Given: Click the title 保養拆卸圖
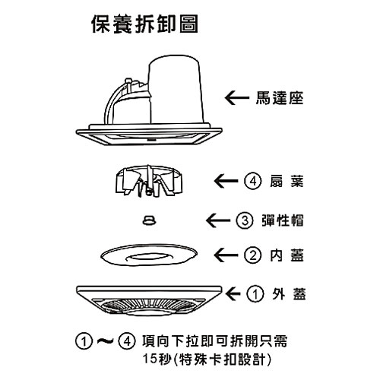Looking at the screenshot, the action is [x=144, y=24].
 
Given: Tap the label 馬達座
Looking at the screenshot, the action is [x=280, y=98].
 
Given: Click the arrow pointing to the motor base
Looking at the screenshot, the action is [x=237, y=98].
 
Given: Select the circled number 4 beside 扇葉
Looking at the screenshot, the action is [x=252, y=181].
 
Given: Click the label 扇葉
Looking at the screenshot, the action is [x=287, y=181].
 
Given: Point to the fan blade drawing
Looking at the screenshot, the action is [x=149, y=181].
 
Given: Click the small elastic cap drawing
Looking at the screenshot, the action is [x=150, y=220].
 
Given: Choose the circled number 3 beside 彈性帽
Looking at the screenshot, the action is [x=245, y=220].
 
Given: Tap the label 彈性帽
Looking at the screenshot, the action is [x=283, y=220].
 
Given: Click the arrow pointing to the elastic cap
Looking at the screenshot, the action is [x=218, y=220].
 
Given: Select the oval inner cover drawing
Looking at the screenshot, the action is [x=149, y=255].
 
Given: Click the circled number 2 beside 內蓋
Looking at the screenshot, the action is [x=252, y=255].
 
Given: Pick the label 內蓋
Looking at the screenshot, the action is [x=287, y=255].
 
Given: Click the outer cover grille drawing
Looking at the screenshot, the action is [x=149, y=301].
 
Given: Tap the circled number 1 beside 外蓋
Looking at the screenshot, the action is [x=255, y=294].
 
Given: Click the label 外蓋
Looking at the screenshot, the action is [x=289, y=294].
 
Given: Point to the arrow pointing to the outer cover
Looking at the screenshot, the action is [x=233, y=294].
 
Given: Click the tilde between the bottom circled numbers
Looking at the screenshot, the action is [x=105, y=341].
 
